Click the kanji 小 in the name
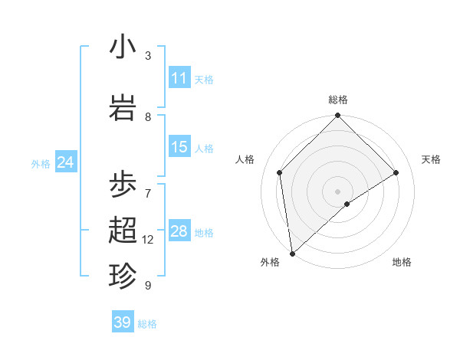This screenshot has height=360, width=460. tap(123, 47)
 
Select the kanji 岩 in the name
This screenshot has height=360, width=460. tap(123, 107)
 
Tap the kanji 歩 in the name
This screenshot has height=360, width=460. tap(123, 185)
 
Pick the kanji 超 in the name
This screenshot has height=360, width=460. tap(123, 230)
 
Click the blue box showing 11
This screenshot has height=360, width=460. tap(179, 78)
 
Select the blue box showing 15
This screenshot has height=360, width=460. tap(179, 147)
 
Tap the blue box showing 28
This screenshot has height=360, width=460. tap(179, 231)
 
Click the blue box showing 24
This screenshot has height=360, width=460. tap(65, 162)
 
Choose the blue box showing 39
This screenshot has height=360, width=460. tap(123, 322)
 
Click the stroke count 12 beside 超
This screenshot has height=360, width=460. tap(148, 240)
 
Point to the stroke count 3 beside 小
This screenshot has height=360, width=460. tap(148, 56)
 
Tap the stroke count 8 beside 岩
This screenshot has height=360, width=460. tap(148, 117)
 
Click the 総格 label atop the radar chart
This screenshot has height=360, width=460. tap(338, 100)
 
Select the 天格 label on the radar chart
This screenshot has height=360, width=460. tap(431, 159)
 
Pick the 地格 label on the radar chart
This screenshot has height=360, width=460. tap(402, 262)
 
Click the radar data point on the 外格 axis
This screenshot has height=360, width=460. tap(292, 253)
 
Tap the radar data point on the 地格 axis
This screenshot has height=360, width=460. tap(347, 204)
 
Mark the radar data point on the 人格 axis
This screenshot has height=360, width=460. tap(280, 172)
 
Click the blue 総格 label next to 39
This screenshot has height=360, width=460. tap(147, 323)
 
